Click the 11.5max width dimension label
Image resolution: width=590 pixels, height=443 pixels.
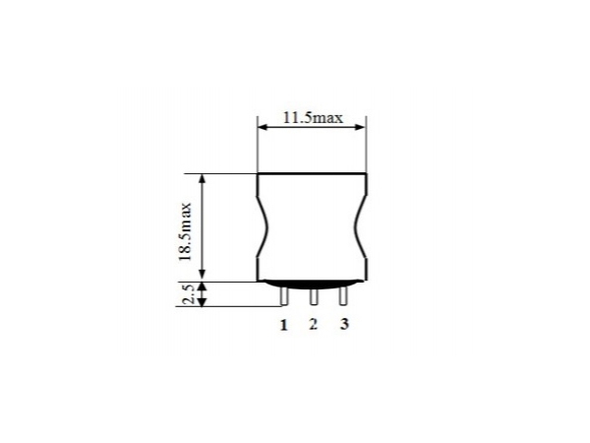(312, 118)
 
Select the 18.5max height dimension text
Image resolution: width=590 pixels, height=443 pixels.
(186, 228)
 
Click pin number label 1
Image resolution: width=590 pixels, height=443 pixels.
(283, 325)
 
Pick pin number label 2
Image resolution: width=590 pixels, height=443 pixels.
(313, 325)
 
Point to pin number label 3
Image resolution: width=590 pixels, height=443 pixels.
(344, 325)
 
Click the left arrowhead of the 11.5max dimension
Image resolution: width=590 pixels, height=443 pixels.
(263, 126)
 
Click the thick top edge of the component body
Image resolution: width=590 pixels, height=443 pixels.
(313, 174)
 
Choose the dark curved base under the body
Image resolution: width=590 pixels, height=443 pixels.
(313, 285)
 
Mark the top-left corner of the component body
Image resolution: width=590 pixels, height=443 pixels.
(258, 174)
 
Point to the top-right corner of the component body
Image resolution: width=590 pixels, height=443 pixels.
(367, 174)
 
